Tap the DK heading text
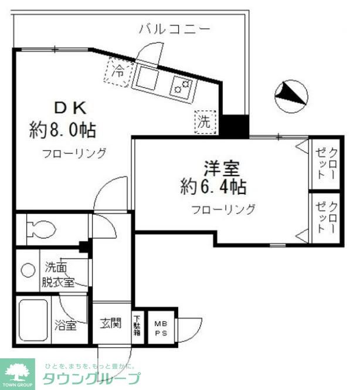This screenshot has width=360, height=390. [x=70, y=108]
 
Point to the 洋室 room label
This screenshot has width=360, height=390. [x=221, y=169]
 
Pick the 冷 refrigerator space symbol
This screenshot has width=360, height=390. [x=118, y=73]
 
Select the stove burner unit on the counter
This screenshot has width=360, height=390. [x=181, y=87]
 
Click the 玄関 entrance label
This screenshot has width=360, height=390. [x=110, y=323]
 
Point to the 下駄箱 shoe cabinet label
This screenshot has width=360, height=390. [x=137, y=325]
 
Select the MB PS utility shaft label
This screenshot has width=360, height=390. [x=160, y=327]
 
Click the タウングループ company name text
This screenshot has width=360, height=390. [x=91, y=377]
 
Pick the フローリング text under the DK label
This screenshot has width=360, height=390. [x=74, y=154]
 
